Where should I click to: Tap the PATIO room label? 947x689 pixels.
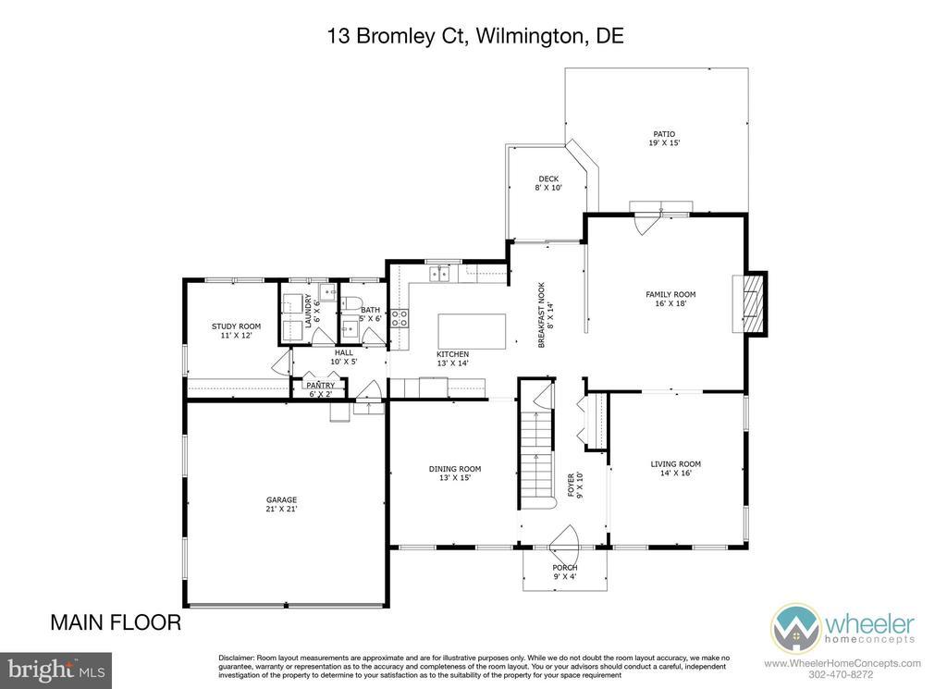pos(664,134)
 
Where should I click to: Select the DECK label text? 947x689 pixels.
pos(548,178)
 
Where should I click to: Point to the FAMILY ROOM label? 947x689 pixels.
pos(670,295)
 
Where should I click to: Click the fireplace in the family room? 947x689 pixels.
pos(751,303)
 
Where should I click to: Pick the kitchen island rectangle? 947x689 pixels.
pos(473,331)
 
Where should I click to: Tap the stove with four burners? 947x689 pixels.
pos(399,318)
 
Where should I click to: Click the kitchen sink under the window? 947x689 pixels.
pos(439,275)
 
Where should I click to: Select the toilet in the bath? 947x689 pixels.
pos(351,303)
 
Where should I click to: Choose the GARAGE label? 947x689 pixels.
pos(281,500)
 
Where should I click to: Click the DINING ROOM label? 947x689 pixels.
pos(455,469)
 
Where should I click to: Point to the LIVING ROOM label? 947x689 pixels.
pos(675,464)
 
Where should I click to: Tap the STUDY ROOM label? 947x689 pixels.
pos(236,326)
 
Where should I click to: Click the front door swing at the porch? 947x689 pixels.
pos(567,538)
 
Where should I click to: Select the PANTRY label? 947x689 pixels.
pos(320,386)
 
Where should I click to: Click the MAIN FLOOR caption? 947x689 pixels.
pos(116,622)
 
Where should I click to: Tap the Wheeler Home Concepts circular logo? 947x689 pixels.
pos(795,628)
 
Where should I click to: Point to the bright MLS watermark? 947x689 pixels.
pos(55,671)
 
